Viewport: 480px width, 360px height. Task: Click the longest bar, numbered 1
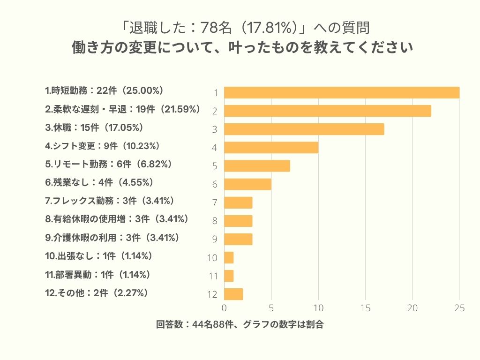coord(342,92)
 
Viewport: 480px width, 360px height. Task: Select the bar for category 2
coord(328,111)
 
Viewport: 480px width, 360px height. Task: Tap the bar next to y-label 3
coord(304,129)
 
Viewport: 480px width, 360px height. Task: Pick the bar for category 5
coord(257,166)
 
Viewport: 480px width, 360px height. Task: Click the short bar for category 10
coord(229,257)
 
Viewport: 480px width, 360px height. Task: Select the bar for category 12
coord(233,294)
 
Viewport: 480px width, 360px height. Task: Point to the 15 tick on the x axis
coord(365,308)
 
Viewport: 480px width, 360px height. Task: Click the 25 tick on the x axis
coord(459,308)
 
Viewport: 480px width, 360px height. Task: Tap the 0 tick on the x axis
coord(224,308)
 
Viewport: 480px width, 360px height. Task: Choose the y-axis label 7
coord(215,202)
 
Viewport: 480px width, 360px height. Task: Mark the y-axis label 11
coord(213,276)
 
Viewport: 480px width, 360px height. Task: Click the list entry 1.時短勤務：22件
coord(104,90)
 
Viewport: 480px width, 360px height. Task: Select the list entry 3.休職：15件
coord(94,127)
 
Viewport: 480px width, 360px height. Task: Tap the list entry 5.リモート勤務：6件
coord(108,164)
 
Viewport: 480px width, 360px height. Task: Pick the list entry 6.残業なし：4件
coord(99,182)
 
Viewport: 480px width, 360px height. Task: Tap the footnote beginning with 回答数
coord(240,325)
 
